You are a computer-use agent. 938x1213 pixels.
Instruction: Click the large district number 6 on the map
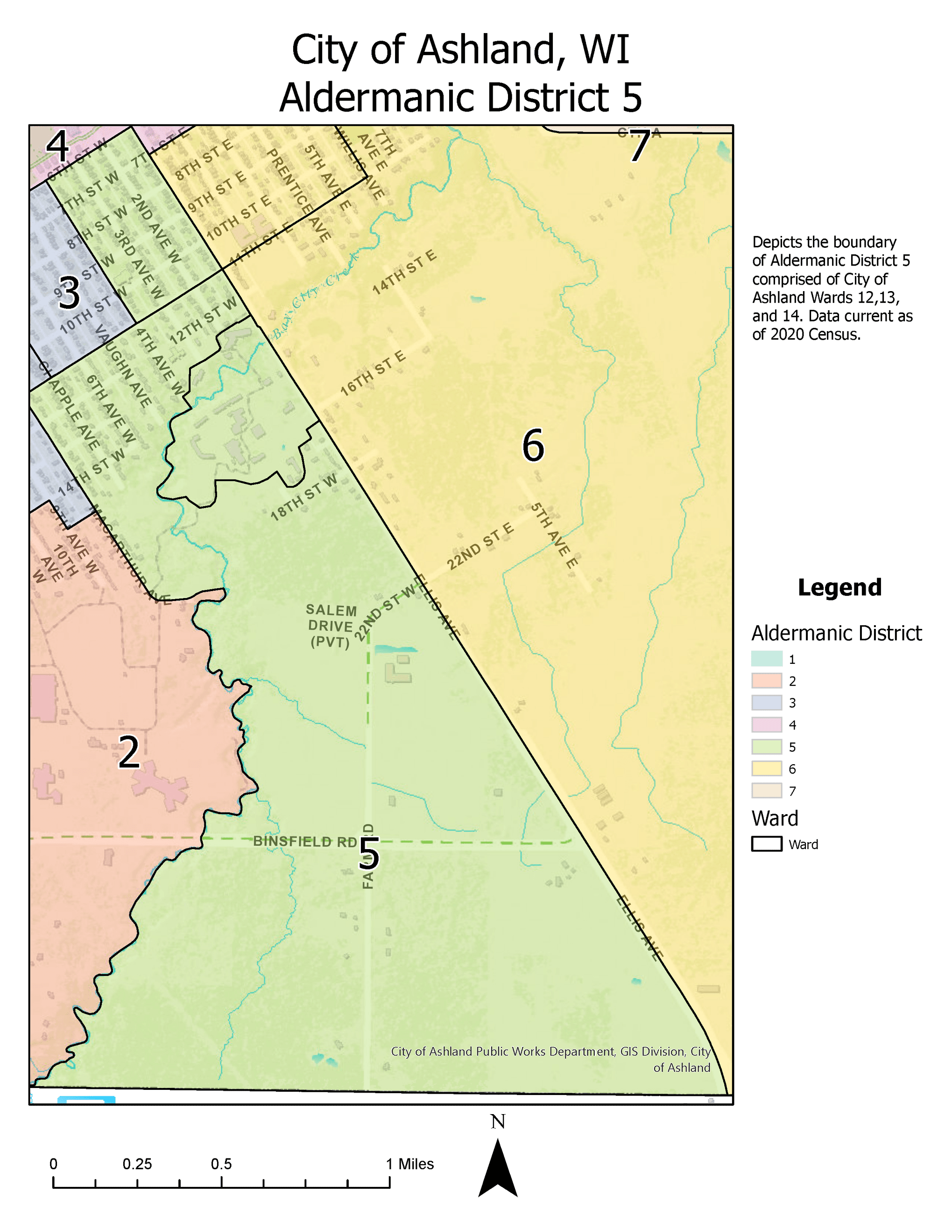[533, 446]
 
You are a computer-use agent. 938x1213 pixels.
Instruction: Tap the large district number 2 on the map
[129, 753]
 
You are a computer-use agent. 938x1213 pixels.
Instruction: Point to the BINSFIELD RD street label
[304, 842]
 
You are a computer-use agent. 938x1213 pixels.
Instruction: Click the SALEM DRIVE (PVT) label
[331, 627]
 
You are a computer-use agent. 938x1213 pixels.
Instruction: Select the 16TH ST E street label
[373, 373]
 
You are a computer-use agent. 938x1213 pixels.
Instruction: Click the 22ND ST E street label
[480, 546]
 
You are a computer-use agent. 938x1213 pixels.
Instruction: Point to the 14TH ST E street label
[404, 272]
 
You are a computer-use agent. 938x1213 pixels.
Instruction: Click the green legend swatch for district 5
[766, 747]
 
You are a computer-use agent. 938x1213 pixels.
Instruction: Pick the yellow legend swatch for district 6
[766, 769]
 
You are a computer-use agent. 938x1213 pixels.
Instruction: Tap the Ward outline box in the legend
[766, 844]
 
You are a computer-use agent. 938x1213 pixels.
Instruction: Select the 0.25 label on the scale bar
[137, 1164]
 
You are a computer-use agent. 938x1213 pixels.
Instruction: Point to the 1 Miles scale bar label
[409, 1164]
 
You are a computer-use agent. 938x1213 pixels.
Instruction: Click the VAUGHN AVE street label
[123, 365]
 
